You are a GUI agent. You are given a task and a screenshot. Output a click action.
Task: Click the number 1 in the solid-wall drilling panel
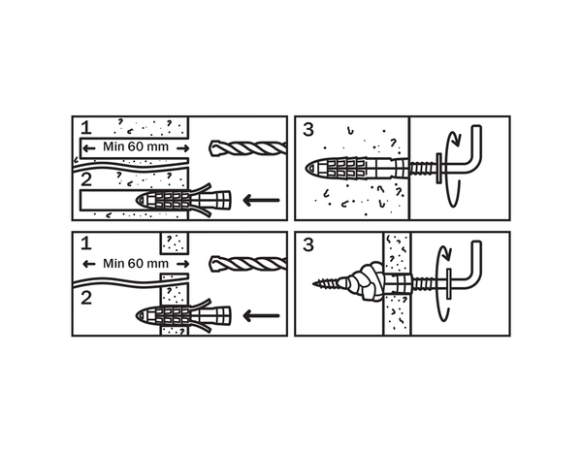[85, 127]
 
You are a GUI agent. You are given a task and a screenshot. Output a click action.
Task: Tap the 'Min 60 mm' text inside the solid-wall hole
[136, 147]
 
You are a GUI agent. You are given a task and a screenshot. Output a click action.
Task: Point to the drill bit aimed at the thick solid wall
[248, 148]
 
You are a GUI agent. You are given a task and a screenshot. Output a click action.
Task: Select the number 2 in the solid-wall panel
[86, 179]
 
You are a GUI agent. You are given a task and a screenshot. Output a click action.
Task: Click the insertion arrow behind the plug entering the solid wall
[261, 201]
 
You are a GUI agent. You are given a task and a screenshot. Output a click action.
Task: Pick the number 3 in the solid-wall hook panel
[308, 130]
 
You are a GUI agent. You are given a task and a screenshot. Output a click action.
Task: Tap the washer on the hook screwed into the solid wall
[438, 168]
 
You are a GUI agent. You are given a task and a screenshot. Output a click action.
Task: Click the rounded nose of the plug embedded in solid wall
[311, 169]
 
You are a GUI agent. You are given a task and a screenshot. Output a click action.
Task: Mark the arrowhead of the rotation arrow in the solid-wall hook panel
[458, 142]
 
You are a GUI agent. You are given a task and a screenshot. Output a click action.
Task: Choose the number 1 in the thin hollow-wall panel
[85, 243]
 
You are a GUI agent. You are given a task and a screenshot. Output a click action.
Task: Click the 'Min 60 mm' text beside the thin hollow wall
[136, 264]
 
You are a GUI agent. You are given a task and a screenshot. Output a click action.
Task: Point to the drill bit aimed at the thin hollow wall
[248, 264]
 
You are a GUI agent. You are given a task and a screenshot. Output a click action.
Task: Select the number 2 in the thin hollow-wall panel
[86, 298]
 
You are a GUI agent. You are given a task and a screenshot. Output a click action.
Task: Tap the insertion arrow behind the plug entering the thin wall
[261, 316]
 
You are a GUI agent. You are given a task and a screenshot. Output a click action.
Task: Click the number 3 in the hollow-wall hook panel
[308, 245]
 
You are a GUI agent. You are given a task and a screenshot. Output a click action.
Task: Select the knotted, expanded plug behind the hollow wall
[366, 282]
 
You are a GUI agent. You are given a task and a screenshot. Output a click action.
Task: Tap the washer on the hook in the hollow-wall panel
[449, 283]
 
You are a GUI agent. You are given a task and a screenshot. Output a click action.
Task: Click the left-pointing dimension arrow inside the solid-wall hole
[88, 148]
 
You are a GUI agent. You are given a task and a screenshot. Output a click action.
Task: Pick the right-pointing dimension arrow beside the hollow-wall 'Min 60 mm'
[183, 264]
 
